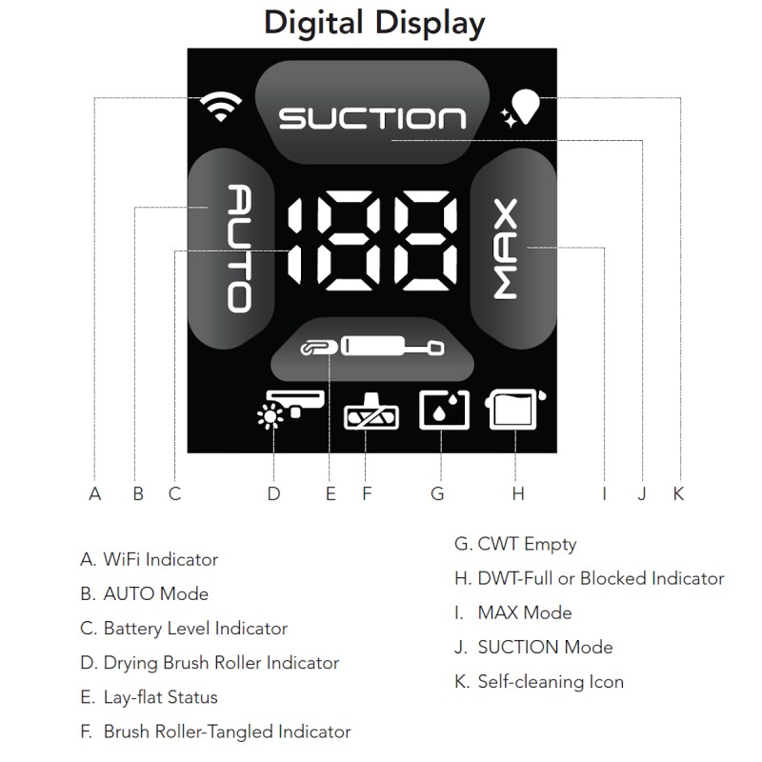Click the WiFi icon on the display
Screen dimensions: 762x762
pyautogui.click(x=221, y=107)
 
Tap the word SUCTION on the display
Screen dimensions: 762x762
pyautogui.click(x=372, y=118)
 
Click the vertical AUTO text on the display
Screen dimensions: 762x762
pyautogui.click(x=240, y=248)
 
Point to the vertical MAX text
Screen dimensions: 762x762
pyautogui.click(x=506, y=249)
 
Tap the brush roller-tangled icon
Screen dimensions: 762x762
pyautogui.click(x=371, y=411)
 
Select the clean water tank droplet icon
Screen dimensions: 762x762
pyautogui.click(x=444, y=410)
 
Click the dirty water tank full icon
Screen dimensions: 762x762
pyautogui.click(x=515, y=410)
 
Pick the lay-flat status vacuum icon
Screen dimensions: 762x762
pyautogui.click(x=371, y=347)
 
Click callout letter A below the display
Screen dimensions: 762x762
pyautogui.click(x=95, y=493)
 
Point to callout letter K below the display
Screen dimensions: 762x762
pyautogui.click(x=678, y=493)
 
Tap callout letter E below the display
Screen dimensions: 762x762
pyautogui.click(x=331, y=493)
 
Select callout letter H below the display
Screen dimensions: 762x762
pyautogui.click(x=518, y=493)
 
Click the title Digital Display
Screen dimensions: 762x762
pyautogui.click(x=374, y=23)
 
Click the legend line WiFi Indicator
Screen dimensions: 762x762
pyautogui.click(x=150, y=559)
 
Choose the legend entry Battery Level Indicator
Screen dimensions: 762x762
pyautogui.click(x=184, y=629)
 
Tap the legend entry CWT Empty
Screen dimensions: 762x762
pyautogui.click(x=515, y=544)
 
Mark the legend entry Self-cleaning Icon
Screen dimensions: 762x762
pyautogui.click(x=539, y=681)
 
